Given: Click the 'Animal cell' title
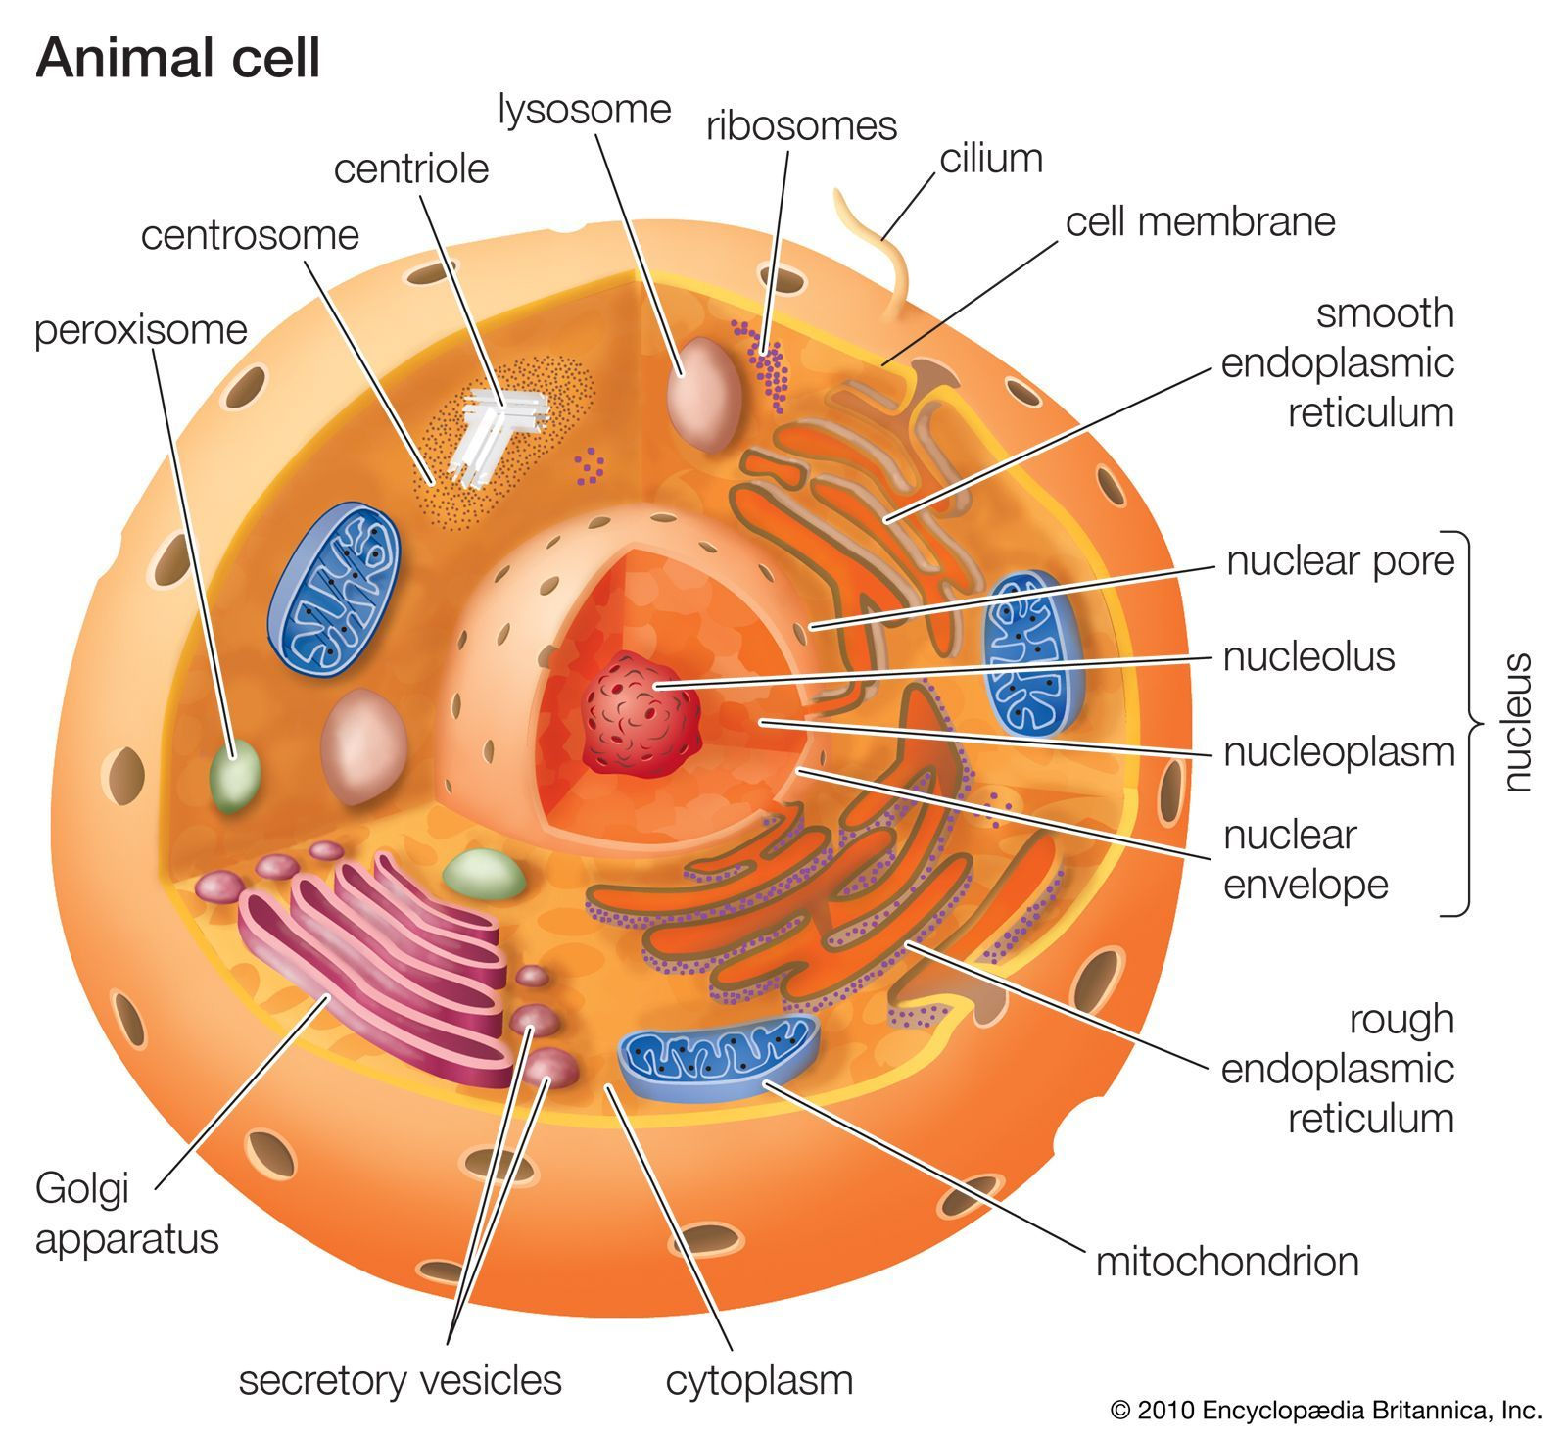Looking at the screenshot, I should (x=178, y=59).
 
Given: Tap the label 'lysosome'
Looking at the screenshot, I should (x=584, y=110).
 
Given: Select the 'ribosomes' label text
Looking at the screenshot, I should (x=801, y=126).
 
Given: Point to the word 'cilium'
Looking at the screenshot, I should (x=990, y=159).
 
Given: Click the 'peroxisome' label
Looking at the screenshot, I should (x=140, y=330).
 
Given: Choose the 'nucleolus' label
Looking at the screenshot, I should (x=1308, y=656).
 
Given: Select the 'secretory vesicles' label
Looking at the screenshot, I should (x=400, y=1380).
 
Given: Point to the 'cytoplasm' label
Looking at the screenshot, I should (x=759, y=1380).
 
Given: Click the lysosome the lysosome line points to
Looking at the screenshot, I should (x=702, y=394).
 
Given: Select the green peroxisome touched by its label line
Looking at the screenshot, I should (x=235, y=776).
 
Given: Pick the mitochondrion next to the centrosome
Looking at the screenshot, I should (x=336, y=590).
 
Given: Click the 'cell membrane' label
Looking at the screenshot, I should (x=1200, y=222).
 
